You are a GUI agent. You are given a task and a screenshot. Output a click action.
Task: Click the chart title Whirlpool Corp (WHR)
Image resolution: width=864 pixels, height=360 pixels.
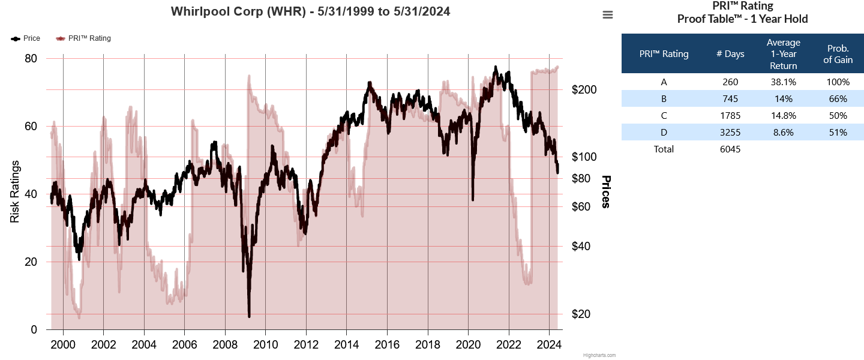[310, 11]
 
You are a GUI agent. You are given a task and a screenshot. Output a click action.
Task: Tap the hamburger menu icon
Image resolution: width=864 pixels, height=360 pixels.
[608, 15]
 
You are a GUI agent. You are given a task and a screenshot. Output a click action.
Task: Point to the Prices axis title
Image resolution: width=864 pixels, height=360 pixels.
[606, 192]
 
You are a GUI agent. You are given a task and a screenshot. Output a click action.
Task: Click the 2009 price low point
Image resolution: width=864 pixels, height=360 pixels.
[249, 316]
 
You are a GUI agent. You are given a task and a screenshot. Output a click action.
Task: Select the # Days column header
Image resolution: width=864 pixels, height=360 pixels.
[730, 54]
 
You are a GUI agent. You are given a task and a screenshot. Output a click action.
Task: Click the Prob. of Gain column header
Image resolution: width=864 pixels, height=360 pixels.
[838, 54]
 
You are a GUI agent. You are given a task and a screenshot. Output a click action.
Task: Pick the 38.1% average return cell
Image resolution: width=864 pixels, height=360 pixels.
[783, 82]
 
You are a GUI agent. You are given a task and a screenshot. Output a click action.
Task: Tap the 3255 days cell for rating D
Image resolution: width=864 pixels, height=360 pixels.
[730, 132]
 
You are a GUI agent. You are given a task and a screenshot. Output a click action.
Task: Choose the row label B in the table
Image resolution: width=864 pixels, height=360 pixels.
[664, 99]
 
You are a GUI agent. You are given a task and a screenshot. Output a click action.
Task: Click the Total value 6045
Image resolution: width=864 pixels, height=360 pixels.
[730, 149]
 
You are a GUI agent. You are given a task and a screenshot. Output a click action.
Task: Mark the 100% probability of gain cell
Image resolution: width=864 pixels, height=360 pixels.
[838, 82]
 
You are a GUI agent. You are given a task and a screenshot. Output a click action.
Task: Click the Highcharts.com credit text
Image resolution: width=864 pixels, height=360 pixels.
[599, 355]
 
